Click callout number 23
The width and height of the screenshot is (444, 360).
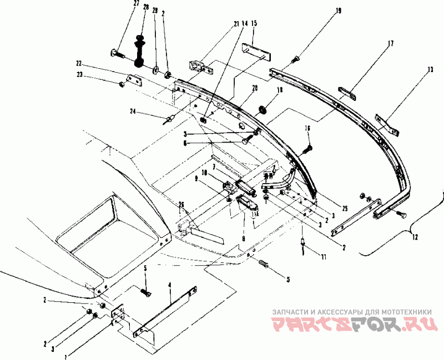point(79,74)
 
